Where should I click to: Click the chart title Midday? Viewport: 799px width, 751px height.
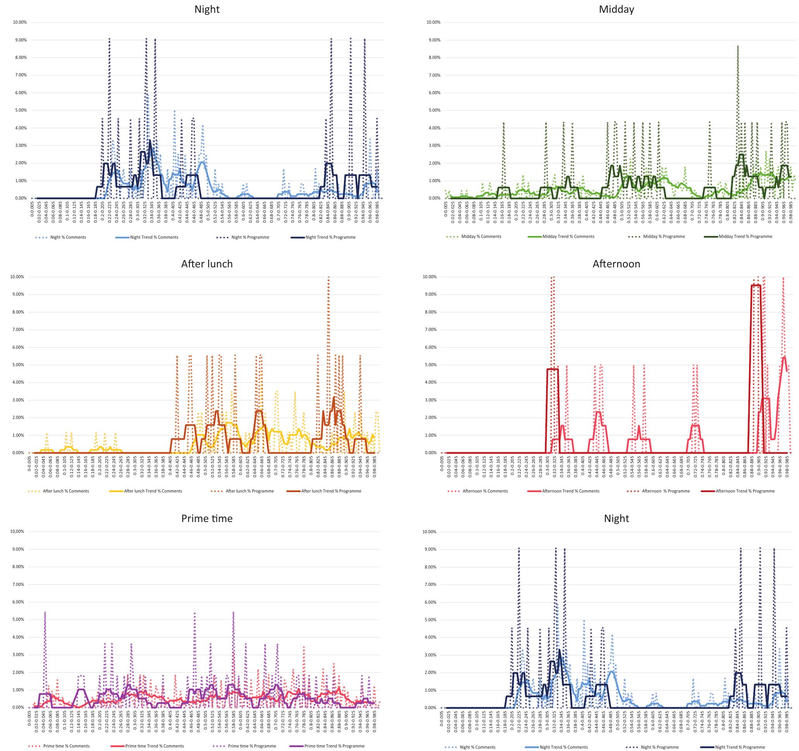click(x=616, y=9)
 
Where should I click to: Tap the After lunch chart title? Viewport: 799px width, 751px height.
click(x=206, y=264)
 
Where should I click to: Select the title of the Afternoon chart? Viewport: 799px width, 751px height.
click(x=616, y=264)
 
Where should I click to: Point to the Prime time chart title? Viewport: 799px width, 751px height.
click(x=206, y=518)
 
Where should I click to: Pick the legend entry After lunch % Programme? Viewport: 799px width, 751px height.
click(x=249, y=491)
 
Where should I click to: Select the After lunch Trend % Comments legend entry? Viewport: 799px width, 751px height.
click(x=153, y=491)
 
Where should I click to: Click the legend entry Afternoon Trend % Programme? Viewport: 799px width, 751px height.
click(x=745, y=491)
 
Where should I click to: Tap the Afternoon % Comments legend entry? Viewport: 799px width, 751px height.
click(x=485, y=491)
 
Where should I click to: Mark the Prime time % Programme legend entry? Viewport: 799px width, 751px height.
click(x=252, y=746)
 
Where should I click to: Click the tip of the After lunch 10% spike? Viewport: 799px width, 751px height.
click(x=328, y=277)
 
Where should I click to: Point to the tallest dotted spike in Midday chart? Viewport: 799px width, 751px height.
click(x=738, y=47)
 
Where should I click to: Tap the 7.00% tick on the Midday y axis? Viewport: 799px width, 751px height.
click(x=434, y=75)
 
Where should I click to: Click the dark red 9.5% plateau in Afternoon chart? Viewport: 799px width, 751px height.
click(x=756, y=286)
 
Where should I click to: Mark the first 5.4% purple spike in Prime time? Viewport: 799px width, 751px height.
click(x=45, y=613)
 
